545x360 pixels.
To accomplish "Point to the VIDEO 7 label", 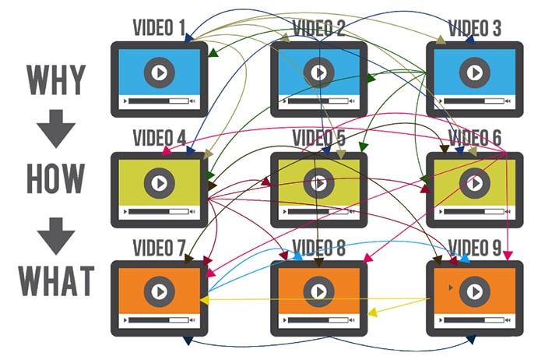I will [159, 249].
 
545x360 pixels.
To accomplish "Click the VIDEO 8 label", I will [318, 249].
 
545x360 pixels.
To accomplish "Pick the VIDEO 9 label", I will [475, 249].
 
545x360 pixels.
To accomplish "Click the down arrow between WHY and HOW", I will [55, 129].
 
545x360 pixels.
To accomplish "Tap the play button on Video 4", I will [159, 182].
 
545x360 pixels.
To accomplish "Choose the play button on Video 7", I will [159, 291].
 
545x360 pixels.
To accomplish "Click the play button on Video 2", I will [317, 72].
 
